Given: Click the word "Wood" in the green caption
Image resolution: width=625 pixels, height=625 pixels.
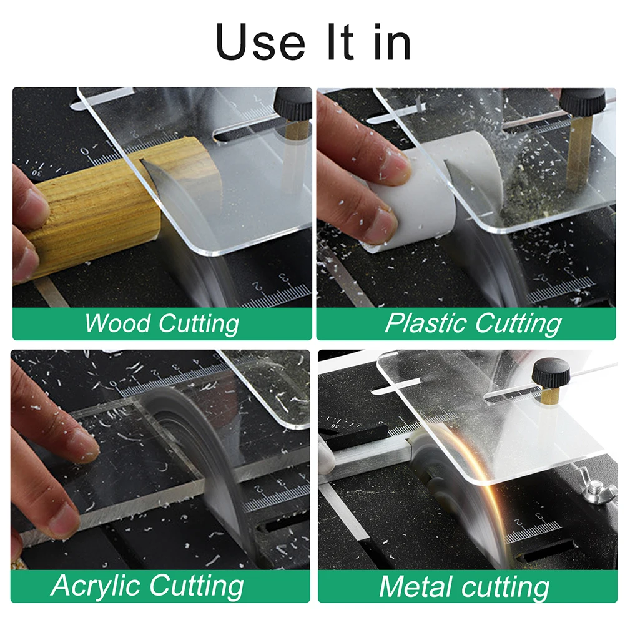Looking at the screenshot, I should point(117,323).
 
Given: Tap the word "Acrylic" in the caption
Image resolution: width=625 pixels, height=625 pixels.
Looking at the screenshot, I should point(96,586).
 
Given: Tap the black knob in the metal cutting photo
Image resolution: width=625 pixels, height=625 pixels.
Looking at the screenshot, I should point(551,372).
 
